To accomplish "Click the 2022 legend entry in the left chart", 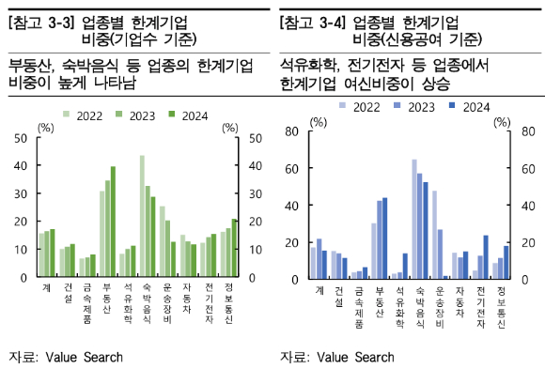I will (x=84, y=115).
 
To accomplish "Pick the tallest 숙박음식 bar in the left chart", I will (x=143, y=217).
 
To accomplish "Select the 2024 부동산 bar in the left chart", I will (x=114, y=222).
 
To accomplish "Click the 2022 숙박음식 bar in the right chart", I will (x=414, y=219).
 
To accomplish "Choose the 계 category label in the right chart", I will (x=317, y=291).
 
